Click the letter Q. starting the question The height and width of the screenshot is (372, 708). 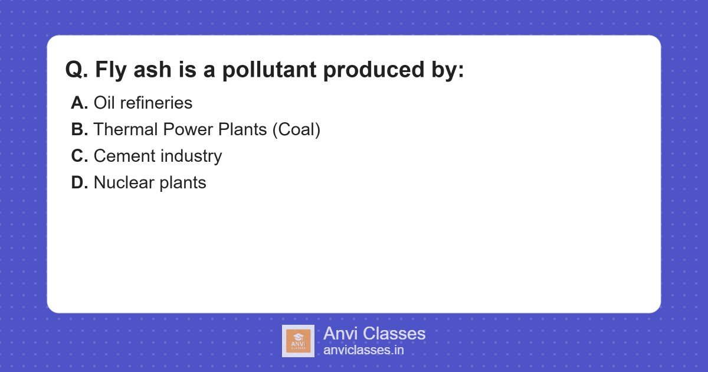(77, 70)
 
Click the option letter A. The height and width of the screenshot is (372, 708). (79, 103)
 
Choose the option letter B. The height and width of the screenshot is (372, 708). (79, 129)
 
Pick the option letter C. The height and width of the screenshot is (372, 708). (79, 156)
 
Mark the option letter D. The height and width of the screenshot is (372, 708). (79, 182)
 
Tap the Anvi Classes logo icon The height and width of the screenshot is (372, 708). (298, 341)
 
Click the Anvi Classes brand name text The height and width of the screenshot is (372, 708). (374, 334)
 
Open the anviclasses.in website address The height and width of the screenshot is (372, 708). (363, 350)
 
